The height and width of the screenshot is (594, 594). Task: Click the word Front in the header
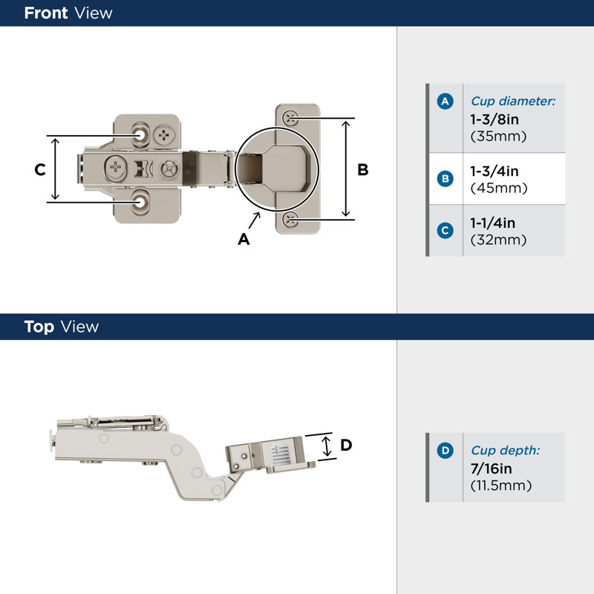pos(46,13)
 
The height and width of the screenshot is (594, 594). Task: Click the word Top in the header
pos(39,327)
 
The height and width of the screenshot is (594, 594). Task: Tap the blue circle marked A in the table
pos(445,102)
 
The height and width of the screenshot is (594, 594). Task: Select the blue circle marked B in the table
pos(445,179)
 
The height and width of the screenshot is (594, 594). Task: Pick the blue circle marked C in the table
pos(445,230)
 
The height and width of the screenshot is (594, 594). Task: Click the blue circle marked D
pos(445,450)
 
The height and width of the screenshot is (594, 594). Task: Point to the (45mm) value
pos(499,189)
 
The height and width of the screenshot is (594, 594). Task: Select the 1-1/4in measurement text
pos(493,223)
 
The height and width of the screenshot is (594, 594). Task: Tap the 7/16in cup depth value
pos(492,469)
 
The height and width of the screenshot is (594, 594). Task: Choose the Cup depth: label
pos(505,451)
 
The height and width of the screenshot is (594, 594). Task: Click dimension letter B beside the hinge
pos(363,170)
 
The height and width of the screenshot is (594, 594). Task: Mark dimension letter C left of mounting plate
pos(40,170)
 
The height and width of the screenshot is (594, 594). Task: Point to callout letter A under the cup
pos(243,239)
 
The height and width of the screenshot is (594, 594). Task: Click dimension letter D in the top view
pos(345,446)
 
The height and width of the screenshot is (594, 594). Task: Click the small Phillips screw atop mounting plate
pos(163,135)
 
